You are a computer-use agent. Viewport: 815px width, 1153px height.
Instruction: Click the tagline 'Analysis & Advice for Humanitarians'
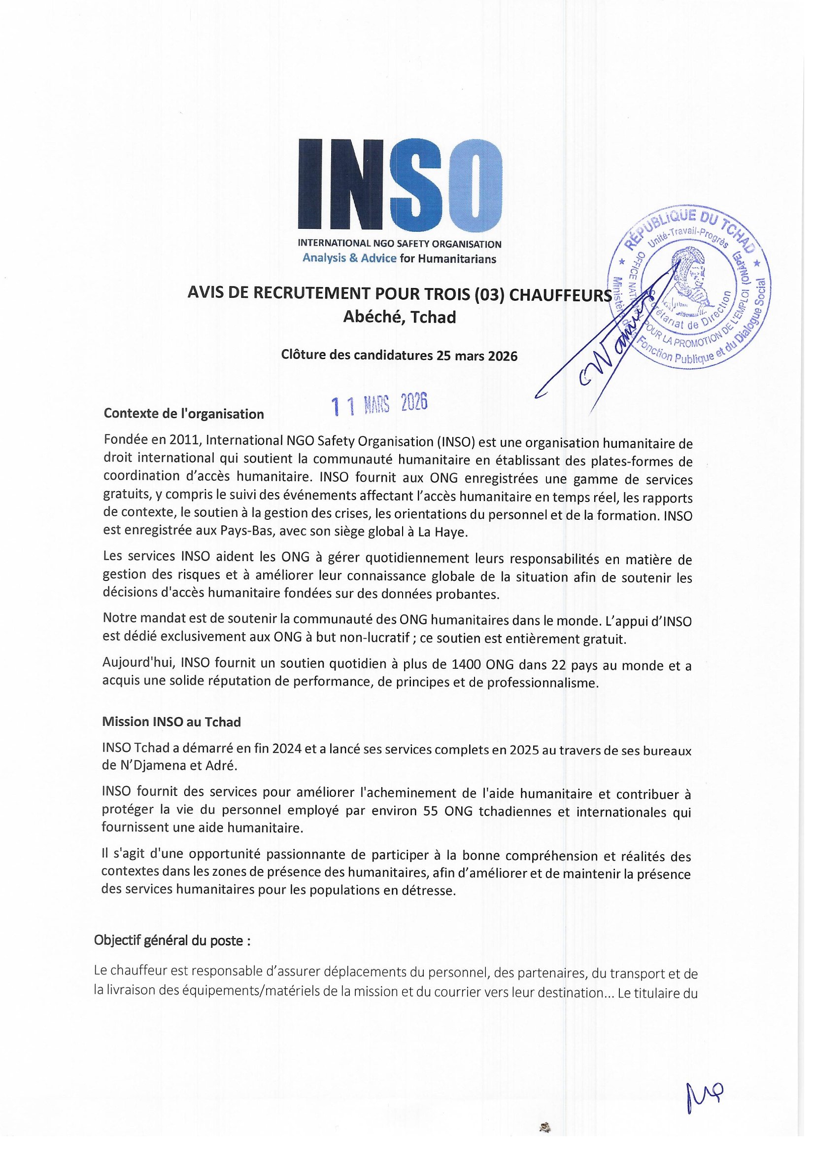[399, 259]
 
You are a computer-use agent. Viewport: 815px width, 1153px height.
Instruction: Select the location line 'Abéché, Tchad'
[399, 318]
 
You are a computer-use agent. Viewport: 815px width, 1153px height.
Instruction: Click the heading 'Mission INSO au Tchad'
[171, 722]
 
